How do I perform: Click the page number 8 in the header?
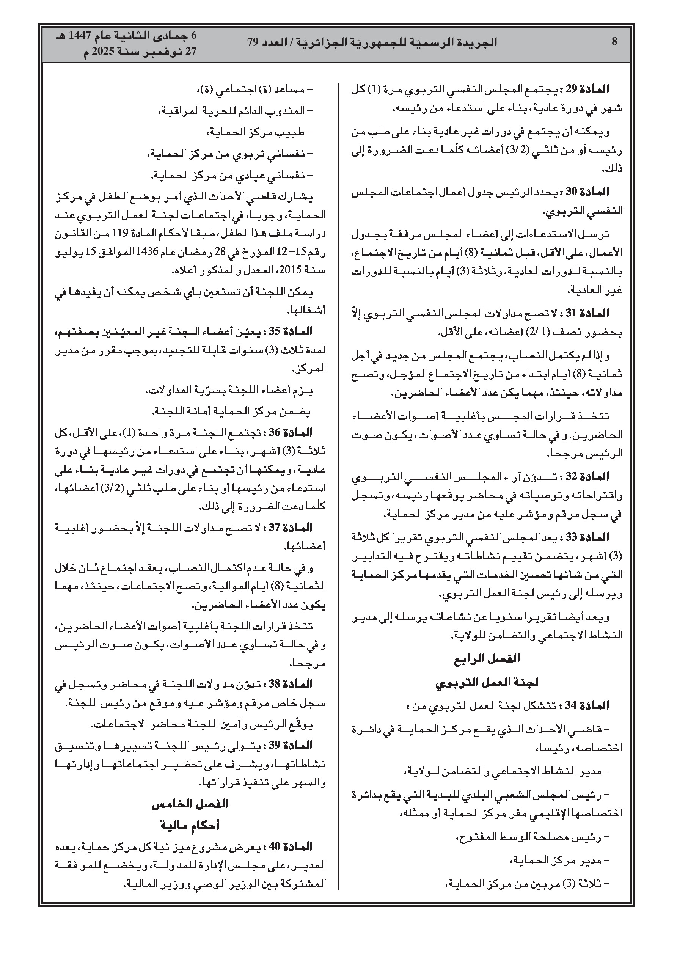click(614, 42)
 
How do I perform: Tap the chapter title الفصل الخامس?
click(190, 804)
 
